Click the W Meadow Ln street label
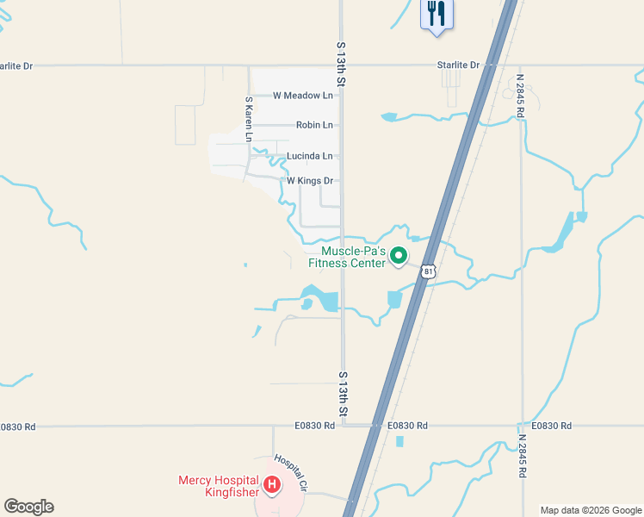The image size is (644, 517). [x=302, y=96]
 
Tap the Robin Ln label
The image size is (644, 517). [x=314, y=125]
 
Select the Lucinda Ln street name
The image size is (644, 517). [x=309, y=156]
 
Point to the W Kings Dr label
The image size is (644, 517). [x=309, y=181]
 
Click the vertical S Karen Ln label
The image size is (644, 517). [x=248, y=119]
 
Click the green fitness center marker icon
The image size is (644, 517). [x=399, y=256]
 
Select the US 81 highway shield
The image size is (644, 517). [x=429, y=271]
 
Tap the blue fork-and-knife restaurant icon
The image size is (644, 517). [x=437, y=14]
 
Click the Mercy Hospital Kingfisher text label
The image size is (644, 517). [x=219, y=486]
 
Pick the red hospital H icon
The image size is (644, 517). [x=272, y=486]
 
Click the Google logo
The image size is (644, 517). [x=28, y=507]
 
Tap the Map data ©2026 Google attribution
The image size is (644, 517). [x=591, y=510]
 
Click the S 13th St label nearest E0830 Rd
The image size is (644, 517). [x=342, y=396]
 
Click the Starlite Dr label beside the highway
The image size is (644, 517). [x=457, y=65]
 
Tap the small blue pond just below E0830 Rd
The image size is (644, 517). [x=399, y=441]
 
